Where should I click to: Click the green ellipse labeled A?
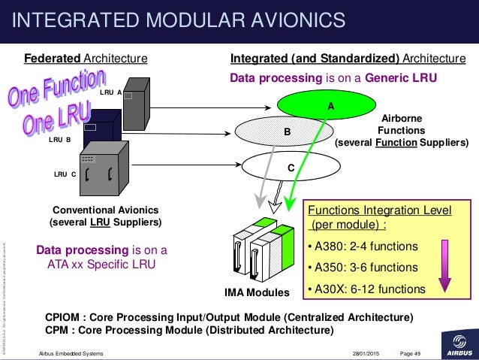(330, 106)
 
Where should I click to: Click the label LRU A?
(110, 92)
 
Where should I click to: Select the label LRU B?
(59, 139)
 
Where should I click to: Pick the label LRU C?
(65, 174)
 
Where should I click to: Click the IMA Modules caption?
(258, 292)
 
